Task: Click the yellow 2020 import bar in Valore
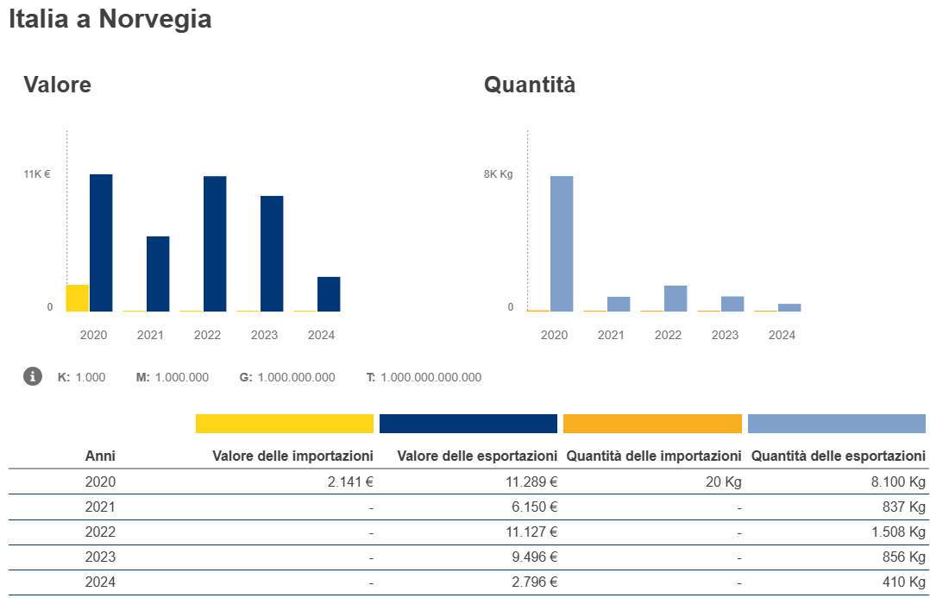(78, 298)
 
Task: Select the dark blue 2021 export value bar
(158, 274)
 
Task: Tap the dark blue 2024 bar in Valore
(329, 294)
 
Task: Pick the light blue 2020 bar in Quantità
(562, 243)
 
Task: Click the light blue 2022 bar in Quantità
(676, 299)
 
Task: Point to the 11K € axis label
(37, 174)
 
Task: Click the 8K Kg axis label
(498, 174)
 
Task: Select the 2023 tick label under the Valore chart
(264, 335)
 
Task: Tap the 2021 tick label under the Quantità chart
(611, 335)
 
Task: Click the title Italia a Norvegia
(110, 19)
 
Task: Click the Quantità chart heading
(530, 85)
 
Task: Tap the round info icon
(33, 376)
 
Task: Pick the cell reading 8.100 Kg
(898, 482)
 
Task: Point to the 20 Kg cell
(723, 482)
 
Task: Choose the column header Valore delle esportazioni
(477, 456)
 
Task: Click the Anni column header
(100, 456)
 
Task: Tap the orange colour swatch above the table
(652, 424)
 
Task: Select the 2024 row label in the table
(100, 582)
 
